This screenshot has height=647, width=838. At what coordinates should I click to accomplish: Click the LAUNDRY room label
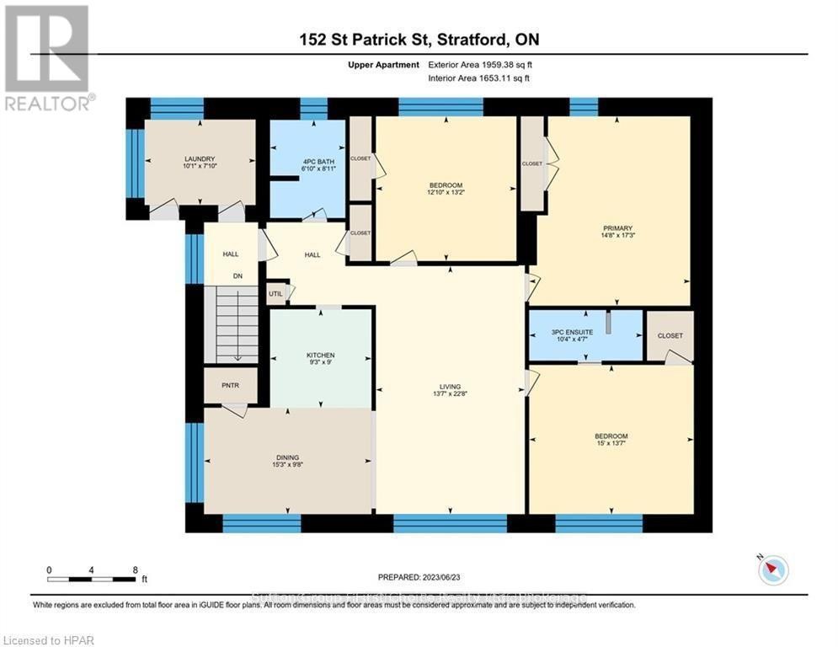(200, 158)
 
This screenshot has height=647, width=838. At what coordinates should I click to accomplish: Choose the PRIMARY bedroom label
(616, 227)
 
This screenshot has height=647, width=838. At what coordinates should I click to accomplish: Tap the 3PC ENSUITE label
(572, 332)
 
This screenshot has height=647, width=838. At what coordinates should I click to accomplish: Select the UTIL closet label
(275, 294)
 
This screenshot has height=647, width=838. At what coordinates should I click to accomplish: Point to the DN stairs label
(238, 275)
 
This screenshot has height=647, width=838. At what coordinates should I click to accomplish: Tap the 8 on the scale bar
(136, 569)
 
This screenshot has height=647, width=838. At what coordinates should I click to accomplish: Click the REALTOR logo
(49, 56)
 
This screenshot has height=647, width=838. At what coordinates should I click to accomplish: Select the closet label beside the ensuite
(670, 335)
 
